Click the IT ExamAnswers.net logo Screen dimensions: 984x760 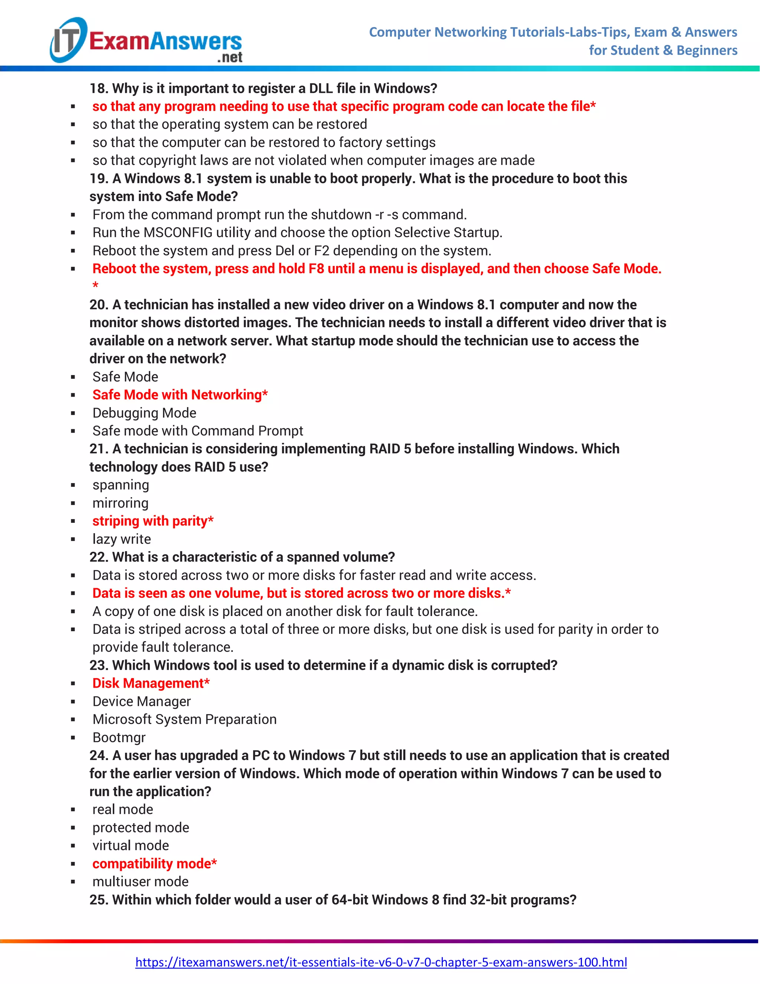146,40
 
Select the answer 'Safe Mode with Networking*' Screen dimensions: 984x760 180,395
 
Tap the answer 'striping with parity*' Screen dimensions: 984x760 153,521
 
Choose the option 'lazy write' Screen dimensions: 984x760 122,539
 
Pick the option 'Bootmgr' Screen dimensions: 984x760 119,737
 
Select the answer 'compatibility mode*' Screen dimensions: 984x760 154,863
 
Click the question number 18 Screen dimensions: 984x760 98,88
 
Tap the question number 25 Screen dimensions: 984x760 98,899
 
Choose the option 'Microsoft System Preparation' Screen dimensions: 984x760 184,719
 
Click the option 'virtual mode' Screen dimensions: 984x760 131,845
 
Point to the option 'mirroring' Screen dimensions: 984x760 120,503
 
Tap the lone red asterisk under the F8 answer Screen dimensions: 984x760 95,286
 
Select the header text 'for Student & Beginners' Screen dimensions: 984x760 663,50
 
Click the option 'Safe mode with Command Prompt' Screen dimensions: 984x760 198,431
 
